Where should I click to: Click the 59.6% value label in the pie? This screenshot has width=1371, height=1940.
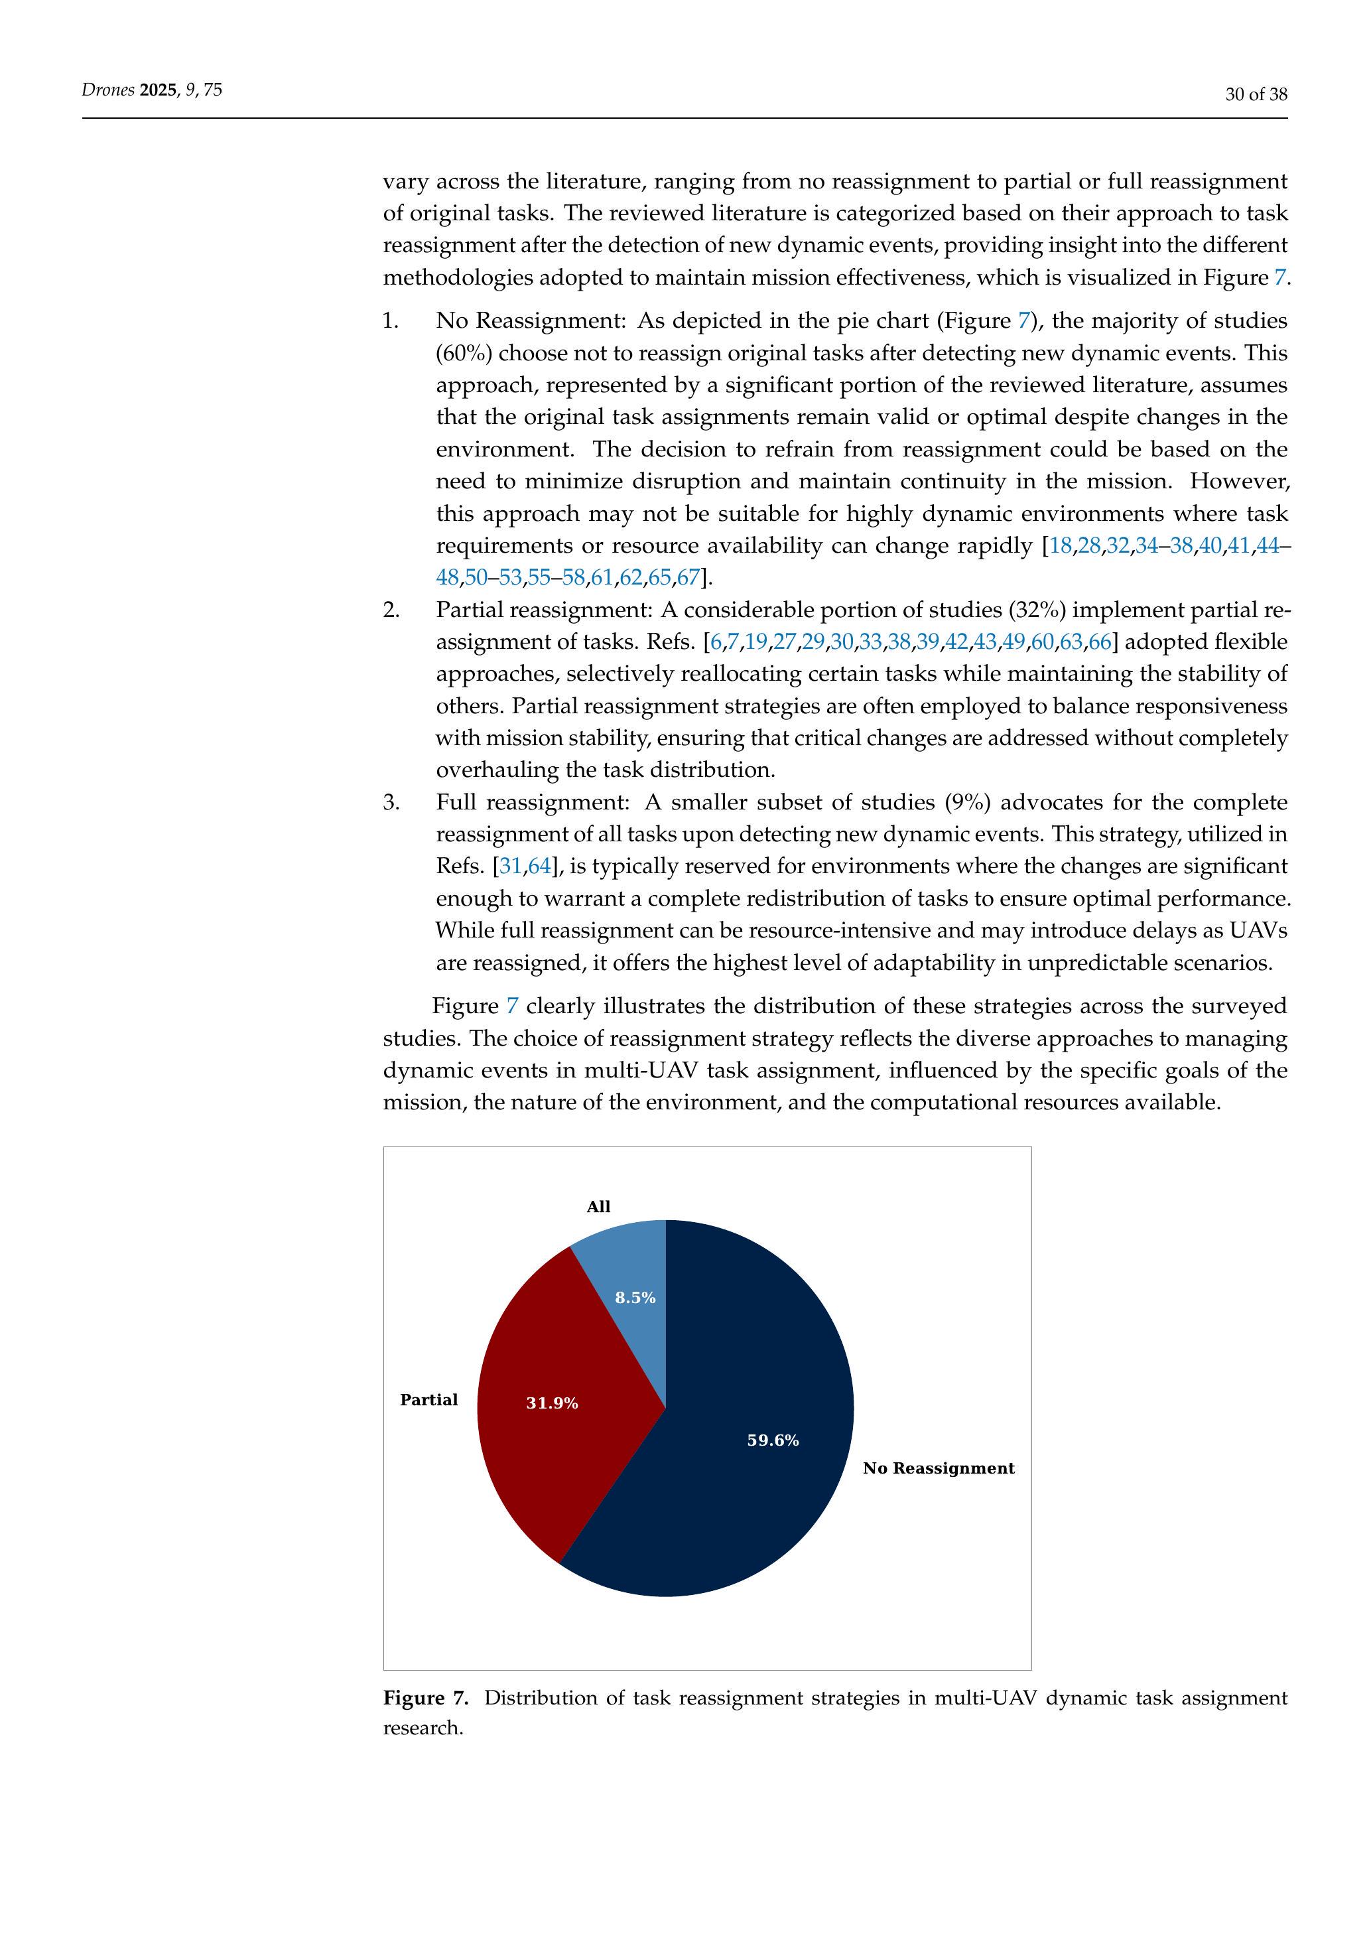pos(773,1440)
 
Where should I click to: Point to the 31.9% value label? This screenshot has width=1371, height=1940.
pos(552,1403)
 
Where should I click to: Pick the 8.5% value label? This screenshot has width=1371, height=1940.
pos(635,1298)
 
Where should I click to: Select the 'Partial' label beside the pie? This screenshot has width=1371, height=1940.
pos(428,1400)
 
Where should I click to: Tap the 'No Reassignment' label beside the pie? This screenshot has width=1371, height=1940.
pos(938,1468)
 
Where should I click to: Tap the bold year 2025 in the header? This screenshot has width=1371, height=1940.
pos(157,90)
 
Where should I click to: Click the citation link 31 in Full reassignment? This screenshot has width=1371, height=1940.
pos(510,866)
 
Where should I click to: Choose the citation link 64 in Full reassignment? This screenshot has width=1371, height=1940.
pos(539,866)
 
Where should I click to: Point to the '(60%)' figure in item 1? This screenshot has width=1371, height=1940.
pos(464,353)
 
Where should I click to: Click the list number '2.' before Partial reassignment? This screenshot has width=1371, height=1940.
pos(391,610)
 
